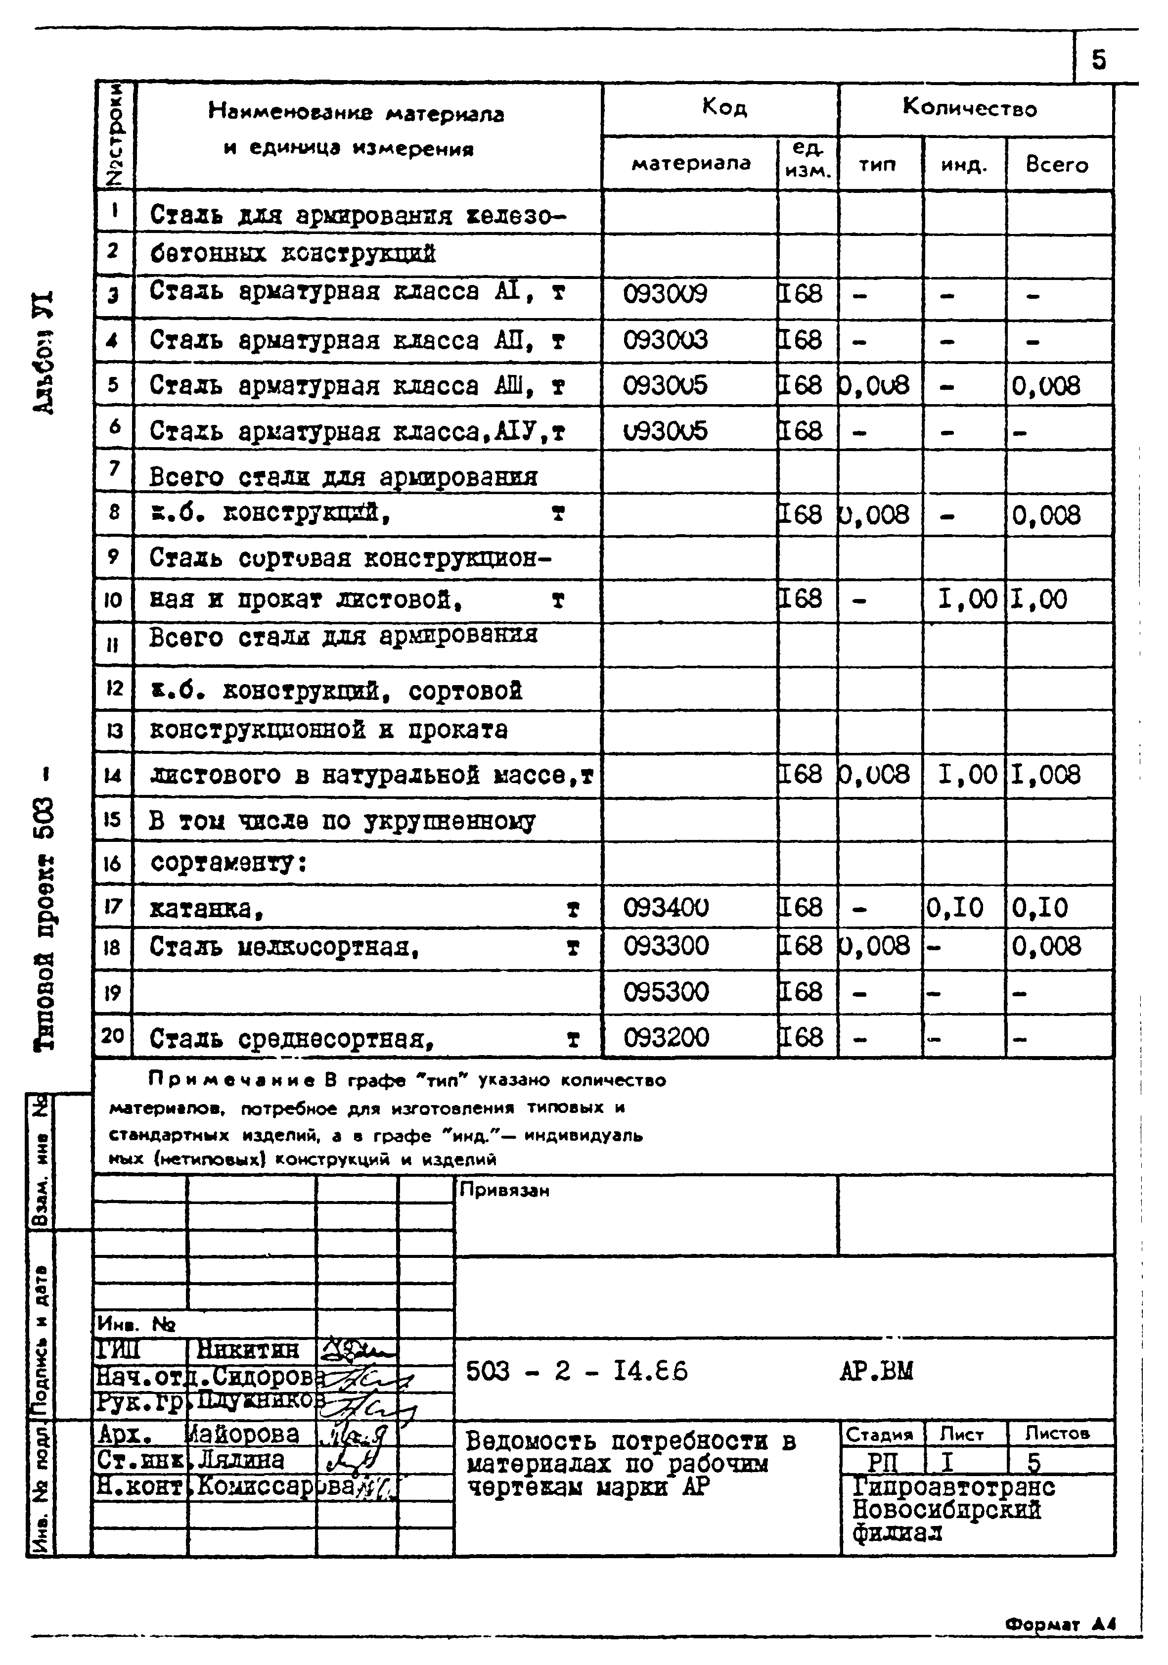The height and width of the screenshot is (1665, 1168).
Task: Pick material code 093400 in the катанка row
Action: point(666,907)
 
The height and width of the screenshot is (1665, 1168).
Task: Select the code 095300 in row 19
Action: point(666,991)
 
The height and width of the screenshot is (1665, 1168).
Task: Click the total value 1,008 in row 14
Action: point(1045,775)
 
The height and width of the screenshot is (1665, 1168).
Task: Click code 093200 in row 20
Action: point(666,1037)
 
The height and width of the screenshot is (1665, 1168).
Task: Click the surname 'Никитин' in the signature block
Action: point(247,1349)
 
